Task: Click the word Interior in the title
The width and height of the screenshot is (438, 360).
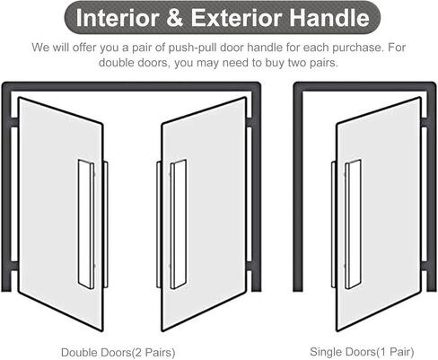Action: click(x=118, y=18)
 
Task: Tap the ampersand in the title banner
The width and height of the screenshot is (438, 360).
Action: click(x=175, y=18)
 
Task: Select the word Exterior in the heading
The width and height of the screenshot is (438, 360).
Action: click(x=236, y=18)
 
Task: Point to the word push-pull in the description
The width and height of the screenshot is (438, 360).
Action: click(x=192, y=48)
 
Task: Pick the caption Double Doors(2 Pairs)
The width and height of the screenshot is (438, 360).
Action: click(x=118, y=352)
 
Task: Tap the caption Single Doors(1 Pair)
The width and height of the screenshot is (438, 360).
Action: click(x=362, y=352)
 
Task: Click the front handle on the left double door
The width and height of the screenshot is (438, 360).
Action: click(x=86, y=224)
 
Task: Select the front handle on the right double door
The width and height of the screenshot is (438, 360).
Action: click(x=179, y=224)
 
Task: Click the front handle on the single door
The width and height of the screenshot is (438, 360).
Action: click(x=353, y=224)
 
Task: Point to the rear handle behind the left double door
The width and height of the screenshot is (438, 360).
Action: click(x=105, y=224)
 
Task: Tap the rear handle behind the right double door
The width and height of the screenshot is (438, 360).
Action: click(x=159, y=224)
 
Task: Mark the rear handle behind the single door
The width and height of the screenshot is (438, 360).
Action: click(x=334, y=224)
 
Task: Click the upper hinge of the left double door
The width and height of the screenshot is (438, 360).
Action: click(x=14, y=122)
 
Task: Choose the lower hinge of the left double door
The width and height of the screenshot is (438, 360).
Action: click(x=14, y=266)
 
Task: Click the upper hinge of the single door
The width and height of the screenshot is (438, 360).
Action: click(x=424, y=122)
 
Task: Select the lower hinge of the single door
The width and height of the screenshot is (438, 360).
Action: click(x=424, y=266)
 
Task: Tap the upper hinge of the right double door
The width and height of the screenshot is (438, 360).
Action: click(x=250, y=122)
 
